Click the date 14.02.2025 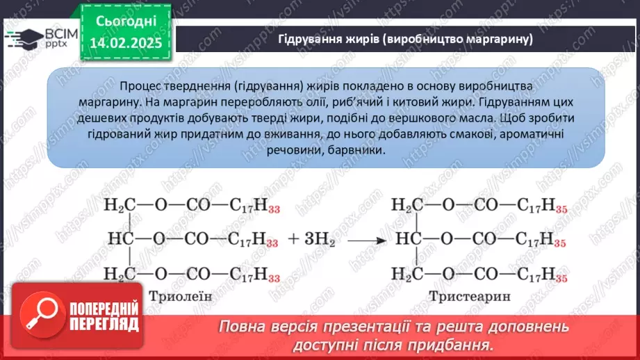pyautogui.click(x=126, y=44)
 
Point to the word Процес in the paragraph pyautogui.click(x=140, y=84)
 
